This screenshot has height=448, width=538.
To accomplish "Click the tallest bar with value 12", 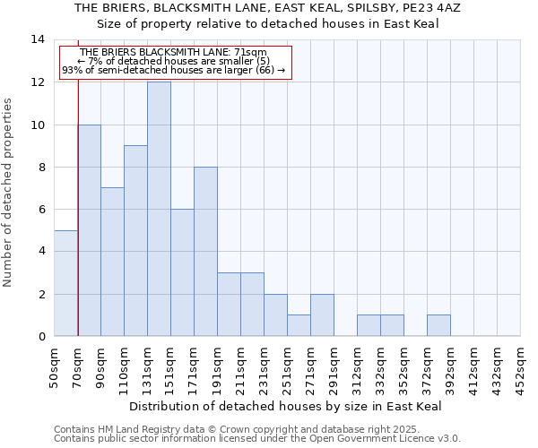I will click(159, 209).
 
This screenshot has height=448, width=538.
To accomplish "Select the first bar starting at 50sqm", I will click(65, 283).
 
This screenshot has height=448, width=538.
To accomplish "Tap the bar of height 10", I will click(89, 230).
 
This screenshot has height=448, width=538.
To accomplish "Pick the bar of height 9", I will click(135, 241).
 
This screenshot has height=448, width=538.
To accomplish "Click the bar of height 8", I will click(205, 252).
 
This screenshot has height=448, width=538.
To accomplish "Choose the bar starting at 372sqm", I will click(438, 325).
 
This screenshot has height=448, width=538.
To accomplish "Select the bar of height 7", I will click(112, 262).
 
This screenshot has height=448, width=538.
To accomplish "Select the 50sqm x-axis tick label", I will click(55, 365).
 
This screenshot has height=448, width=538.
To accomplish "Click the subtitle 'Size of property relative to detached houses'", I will click(268, 23).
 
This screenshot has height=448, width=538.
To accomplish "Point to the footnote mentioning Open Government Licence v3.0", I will click(257, 439).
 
